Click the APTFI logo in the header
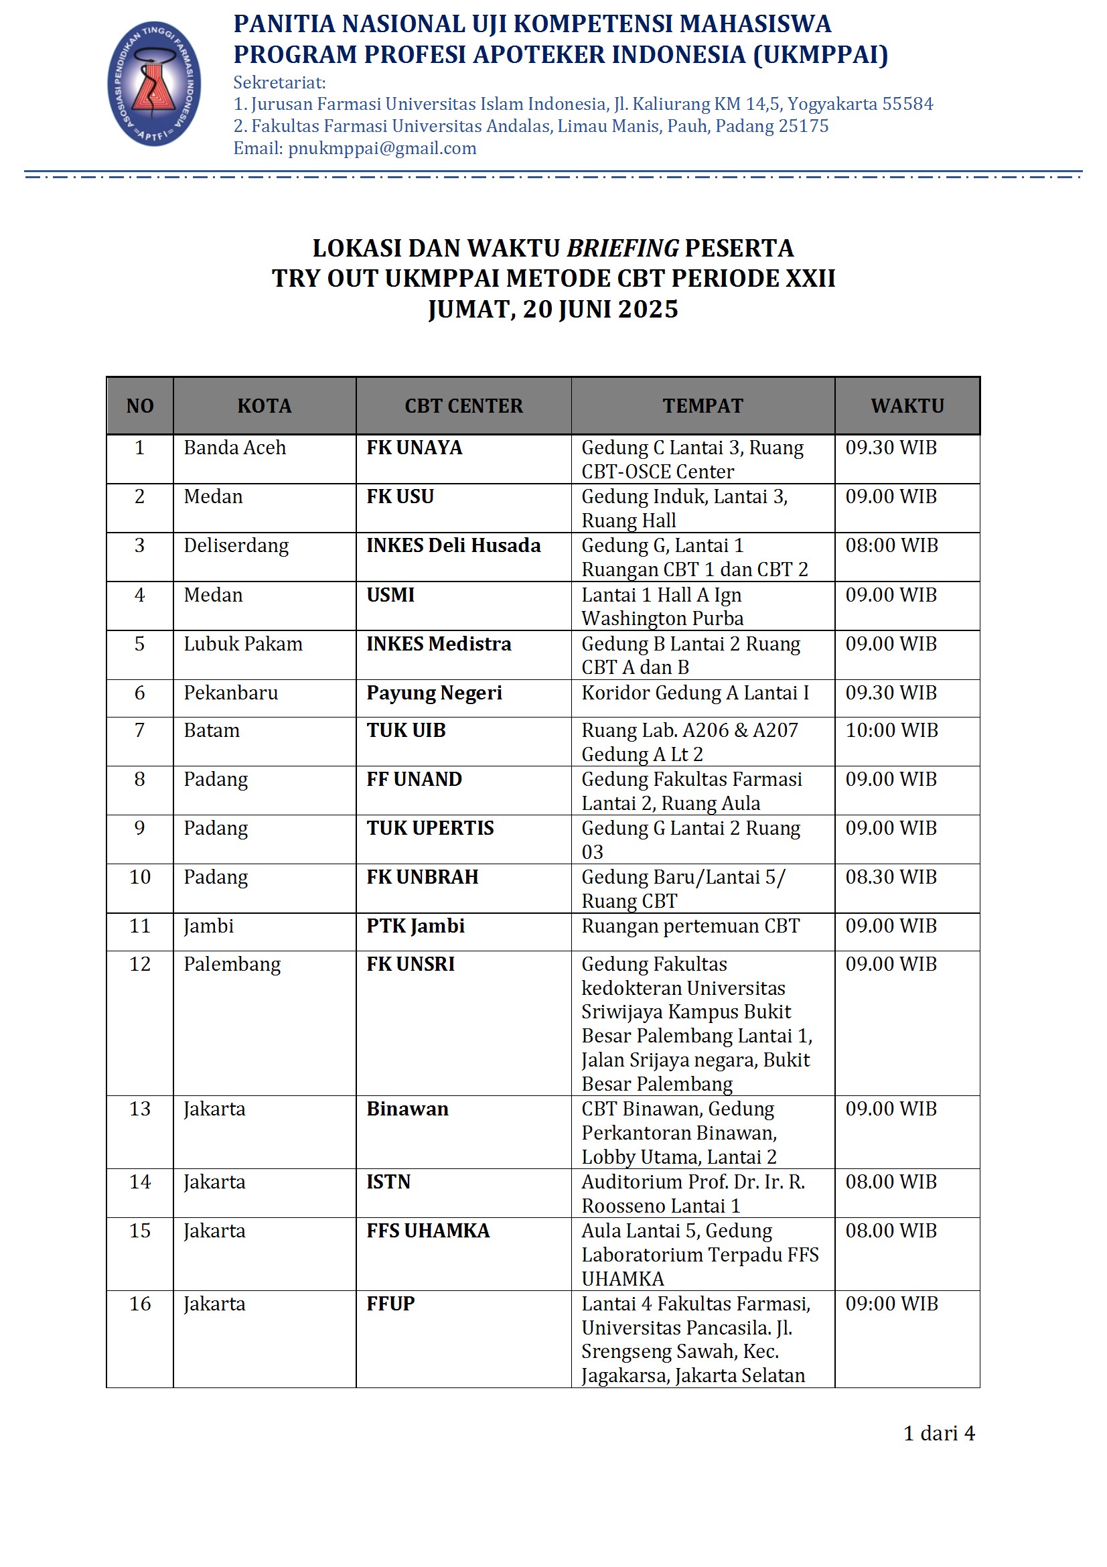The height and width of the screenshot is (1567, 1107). (154, 84)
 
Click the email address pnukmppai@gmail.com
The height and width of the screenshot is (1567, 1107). (382, 148)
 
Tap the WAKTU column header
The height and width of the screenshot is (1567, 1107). (907, 406)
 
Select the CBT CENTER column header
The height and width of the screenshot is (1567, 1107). (463, 406)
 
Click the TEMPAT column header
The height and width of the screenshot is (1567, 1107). (703, 406)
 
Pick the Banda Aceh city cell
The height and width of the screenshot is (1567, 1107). (234, 448)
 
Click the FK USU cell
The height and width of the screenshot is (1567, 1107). (400, 497)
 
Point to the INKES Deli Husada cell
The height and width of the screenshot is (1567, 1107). (453, 545)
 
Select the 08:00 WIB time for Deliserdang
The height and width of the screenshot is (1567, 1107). (891, 545)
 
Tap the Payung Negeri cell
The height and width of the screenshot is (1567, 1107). (434, 693)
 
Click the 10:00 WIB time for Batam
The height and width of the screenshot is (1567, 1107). (891, 730)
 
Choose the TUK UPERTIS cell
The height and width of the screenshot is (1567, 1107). (430, 828)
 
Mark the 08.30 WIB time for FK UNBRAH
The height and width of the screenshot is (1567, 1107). (891, 877)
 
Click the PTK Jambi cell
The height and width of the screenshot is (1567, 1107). (415, 926)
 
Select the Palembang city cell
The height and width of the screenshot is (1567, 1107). (232, 964)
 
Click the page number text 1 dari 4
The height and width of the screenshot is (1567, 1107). (938, 1433)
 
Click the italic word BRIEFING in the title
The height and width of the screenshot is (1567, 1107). (622, 248)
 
